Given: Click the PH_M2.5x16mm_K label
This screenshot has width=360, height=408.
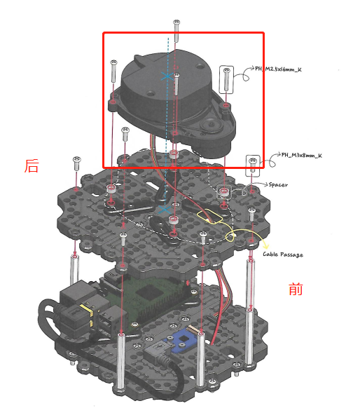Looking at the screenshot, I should (280, 69).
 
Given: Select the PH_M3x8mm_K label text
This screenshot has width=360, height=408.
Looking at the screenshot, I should (301, 156).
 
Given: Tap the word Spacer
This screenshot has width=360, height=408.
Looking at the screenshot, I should (279, 184).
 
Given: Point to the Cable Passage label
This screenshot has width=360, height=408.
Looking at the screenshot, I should (283, 254).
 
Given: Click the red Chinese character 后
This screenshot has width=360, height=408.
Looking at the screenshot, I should (32, 166).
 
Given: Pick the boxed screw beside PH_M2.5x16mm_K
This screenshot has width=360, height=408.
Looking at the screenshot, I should (227, 79).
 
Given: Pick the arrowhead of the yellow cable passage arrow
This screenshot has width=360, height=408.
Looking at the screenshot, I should (267, 245).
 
